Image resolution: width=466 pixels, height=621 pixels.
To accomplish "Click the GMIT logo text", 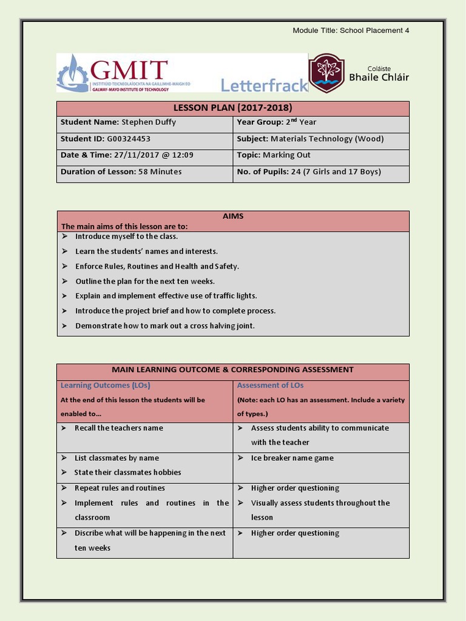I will pyautogui.click(x=129, y=69).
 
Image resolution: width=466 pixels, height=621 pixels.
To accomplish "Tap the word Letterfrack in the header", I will pyautogui.click(x=264, y=86).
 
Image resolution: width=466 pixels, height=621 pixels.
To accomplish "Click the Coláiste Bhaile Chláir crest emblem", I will pyautogui.click(x=326, y=73).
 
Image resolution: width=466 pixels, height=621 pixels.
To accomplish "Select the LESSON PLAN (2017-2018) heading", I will pyautogui.click(x=233, y=108).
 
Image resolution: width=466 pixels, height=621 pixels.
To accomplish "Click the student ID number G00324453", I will pyautogui.click(x=129, y=139).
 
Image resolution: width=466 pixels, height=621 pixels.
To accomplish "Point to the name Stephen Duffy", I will pyautogui.click(x=149, y=123).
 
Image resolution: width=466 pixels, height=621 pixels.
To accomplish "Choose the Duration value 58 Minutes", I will pyautogui.click(x=160, y=172).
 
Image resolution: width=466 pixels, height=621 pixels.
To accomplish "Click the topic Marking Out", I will pyautogui.click(x=286, y=155).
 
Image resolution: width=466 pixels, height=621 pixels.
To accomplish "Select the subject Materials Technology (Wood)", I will pyautogui.click(x=327, y=139).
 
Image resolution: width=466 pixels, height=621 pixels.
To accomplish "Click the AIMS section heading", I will pyautogui.click(x=233, y=217).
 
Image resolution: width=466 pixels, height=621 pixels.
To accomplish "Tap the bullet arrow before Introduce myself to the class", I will pyautogui.click(x=65, y=237).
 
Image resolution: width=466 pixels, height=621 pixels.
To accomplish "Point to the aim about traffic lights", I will pyautogui.click(x=166, y=296).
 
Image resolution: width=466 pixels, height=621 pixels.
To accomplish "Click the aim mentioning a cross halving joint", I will pyautogui.click(x=164, y=326).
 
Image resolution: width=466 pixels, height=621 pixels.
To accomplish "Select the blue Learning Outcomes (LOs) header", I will pyautogui.click(x=105, y=385).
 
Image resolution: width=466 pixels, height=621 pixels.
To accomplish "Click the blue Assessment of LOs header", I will pyautogui.click(x=270, y=385).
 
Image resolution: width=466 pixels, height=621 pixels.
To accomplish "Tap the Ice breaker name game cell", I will pyautogui.click(x=292, y=458).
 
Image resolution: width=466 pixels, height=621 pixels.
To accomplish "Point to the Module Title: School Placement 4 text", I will pyautogui.click(x=351, y=30).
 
